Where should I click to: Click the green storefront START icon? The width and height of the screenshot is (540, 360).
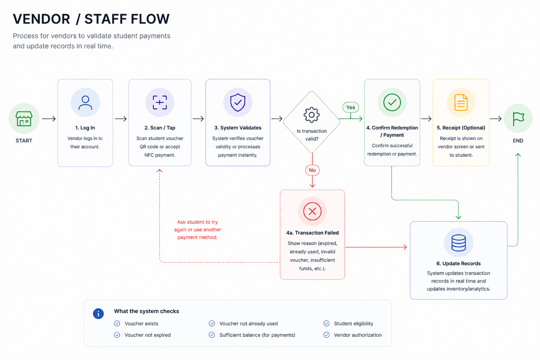pyautogui.click(x=24, y=118)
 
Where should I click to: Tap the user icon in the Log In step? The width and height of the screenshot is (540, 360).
pyautogui.click(x=85, y=103)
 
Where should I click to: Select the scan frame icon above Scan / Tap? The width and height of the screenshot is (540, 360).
pyautogui.click(x=160, y=102)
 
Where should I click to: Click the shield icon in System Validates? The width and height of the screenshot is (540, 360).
pyautogui.click(x=238, y=102)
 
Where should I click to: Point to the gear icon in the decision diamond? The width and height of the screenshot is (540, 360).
pyautogui.click(x=311, y=115)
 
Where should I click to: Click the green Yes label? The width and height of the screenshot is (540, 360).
pyautogui.click(x=351, y=107)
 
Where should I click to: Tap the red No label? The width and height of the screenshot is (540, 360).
pyautogui.click(x=313, y=170)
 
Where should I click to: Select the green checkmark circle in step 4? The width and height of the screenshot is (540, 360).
pyautogui.click(x=392, y=102)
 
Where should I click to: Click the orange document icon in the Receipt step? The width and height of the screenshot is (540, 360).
pyautogui.click(x=461, y=102)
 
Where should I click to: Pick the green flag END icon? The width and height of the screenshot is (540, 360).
pyautogui.click(x=518, y=118)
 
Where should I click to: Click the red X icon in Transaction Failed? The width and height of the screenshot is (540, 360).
pyautogui.click(x=312, y=212)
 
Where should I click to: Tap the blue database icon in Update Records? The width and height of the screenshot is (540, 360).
pyautogui.click(x=458, y=243)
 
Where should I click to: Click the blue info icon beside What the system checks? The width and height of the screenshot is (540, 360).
pyautogui.click(x=98, y=314)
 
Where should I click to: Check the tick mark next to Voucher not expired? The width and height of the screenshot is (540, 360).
pyautogui.click(x=117, y=335)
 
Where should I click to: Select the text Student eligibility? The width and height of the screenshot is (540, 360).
pyautogui.click(x=353, y=323)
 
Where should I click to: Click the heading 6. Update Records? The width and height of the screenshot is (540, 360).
pyautogui.click(x=458, y=264)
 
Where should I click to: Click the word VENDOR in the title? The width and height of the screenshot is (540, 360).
pyautogui.click(x=41, y=19)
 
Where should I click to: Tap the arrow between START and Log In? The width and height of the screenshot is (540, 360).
pyautogui.click(x=49, y=118)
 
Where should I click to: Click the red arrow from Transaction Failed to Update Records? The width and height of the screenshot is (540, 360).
pyautogui.click(x=376, y=247)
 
